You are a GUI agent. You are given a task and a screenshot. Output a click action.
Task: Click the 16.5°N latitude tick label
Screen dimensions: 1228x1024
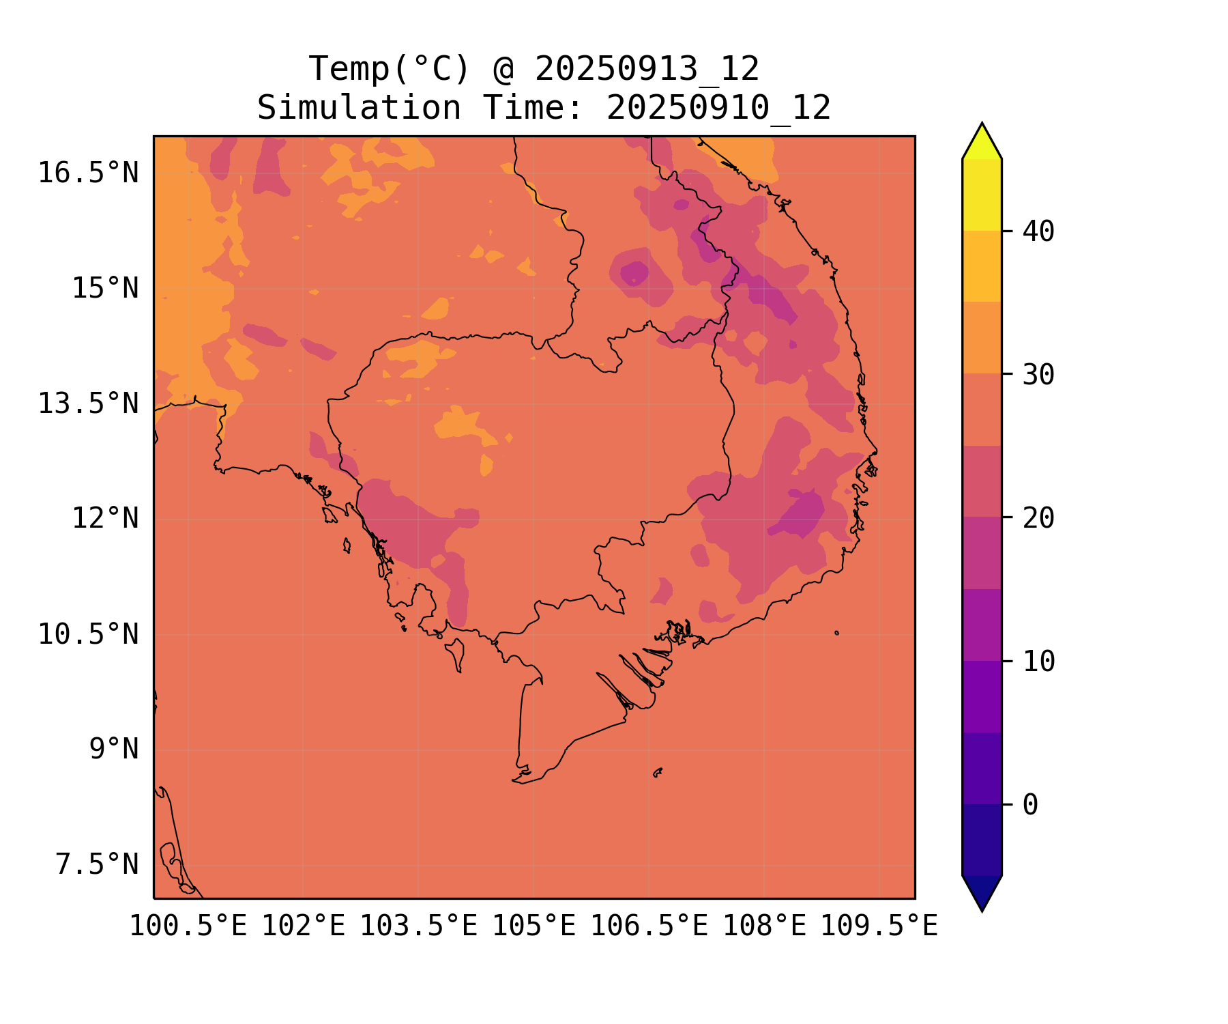88,173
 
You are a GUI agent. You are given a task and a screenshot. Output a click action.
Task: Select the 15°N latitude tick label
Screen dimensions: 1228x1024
105,288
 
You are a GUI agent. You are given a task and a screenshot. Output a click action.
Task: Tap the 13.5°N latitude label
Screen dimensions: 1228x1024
88,403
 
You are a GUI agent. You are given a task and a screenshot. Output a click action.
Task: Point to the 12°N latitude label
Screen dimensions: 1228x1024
105,518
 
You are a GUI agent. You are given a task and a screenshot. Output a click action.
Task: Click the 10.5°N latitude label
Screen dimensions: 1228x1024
88,634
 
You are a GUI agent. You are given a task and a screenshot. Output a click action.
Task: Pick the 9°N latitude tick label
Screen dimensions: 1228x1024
114,749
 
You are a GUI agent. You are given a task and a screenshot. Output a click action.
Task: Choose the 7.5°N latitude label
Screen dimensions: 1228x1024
97,864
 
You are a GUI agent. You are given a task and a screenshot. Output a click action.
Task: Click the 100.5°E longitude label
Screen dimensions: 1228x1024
188,926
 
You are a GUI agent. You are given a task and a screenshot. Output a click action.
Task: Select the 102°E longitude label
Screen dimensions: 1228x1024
304,926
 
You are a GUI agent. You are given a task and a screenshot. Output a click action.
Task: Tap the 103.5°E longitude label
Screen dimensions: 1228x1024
419,926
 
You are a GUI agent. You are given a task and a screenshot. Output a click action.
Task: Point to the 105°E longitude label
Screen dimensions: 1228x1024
534,926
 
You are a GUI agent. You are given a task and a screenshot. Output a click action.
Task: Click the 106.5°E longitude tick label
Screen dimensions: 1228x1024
649,926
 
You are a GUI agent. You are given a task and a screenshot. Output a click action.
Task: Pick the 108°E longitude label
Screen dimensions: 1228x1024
765,926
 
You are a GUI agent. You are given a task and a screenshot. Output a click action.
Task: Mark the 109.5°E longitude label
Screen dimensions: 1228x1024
879,926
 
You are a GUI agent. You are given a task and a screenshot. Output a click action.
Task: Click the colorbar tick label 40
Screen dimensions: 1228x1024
1038,231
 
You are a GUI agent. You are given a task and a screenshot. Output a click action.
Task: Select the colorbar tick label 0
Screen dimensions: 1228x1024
1030,805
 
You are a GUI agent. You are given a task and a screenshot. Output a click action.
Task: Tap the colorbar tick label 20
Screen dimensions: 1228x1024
1038,518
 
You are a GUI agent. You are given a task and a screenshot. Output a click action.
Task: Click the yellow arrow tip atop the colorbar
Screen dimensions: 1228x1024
982,124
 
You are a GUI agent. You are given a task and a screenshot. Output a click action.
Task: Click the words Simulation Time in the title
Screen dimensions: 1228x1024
420,108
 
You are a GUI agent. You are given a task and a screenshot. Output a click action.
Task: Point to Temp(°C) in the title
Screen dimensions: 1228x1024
390,69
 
